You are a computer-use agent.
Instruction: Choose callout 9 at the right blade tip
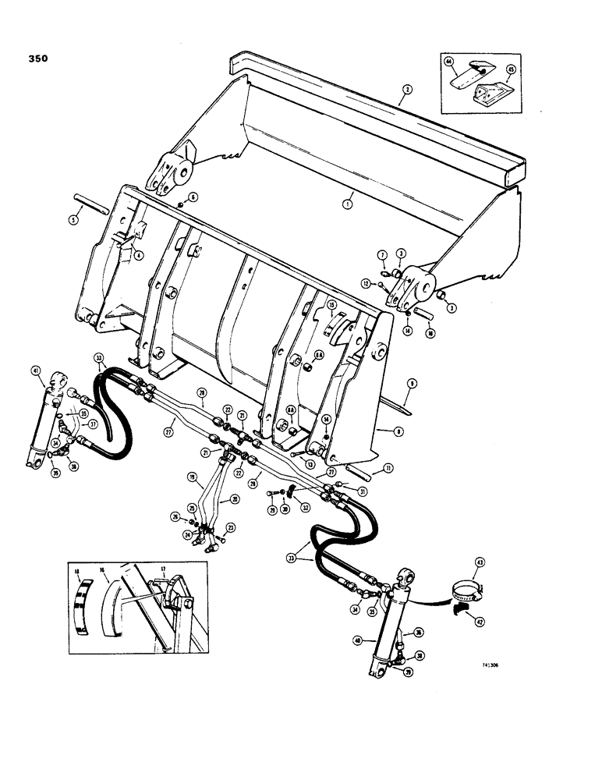pyautogui.click(x=410, y=384)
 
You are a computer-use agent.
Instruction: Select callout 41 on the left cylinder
pyautogui.click(x=37, y=370)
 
